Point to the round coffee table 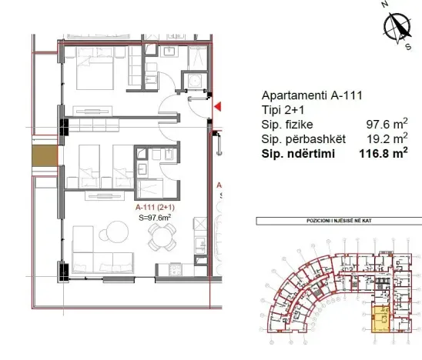click(114, 231)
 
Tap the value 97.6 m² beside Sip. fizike click(386, 124)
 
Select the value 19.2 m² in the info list click(386, 138)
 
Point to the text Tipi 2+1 click(283, 110)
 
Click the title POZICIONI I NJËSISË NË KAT click(337, 221)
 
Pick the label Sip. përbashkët click(301, 138)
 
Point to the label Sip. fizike click(286, 124)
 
